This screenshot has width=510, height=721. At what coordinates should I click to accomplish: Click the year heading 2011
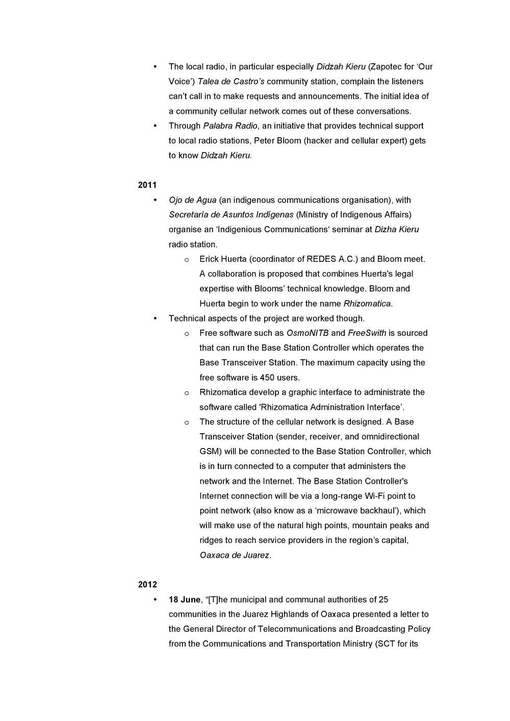147,185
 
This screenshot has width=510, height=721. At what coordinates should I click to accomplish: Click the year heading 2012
147,585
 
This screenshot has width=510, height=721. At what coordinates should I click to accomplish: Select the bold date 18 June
185,600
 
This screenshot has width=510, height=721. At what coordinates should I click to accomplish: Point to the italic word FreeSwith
367,333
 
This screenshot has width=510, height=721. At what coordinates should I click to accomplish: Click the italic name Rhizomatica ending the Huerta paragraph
367,304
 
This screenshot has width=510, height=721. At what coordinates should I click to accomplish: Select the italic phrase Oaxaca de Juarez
234,555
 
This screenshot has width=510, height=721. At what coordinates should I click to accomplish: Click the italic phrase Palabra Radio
230,126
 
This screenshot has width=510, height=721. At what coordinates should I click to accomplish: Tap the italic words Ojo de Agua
193,200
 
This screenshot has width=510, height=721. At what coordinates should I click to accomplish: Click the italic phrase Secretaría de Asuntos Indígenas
231,215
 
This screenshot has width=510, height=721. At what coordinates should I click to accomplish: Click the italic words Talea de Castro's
231,82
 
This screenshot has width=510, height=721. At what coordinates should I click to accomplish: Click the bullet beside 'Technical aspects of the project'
155,318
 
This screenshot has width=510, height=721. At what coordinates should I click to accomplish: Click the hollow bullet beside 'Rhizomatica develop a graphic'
187,393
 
